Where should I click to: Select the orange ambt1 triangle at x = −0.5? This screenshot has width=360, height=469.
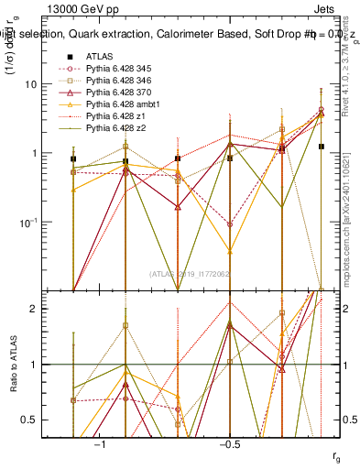(x=230, y=250)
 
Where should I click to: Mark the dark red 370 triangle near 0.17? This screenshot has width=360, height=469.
(x=178, y=207)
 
